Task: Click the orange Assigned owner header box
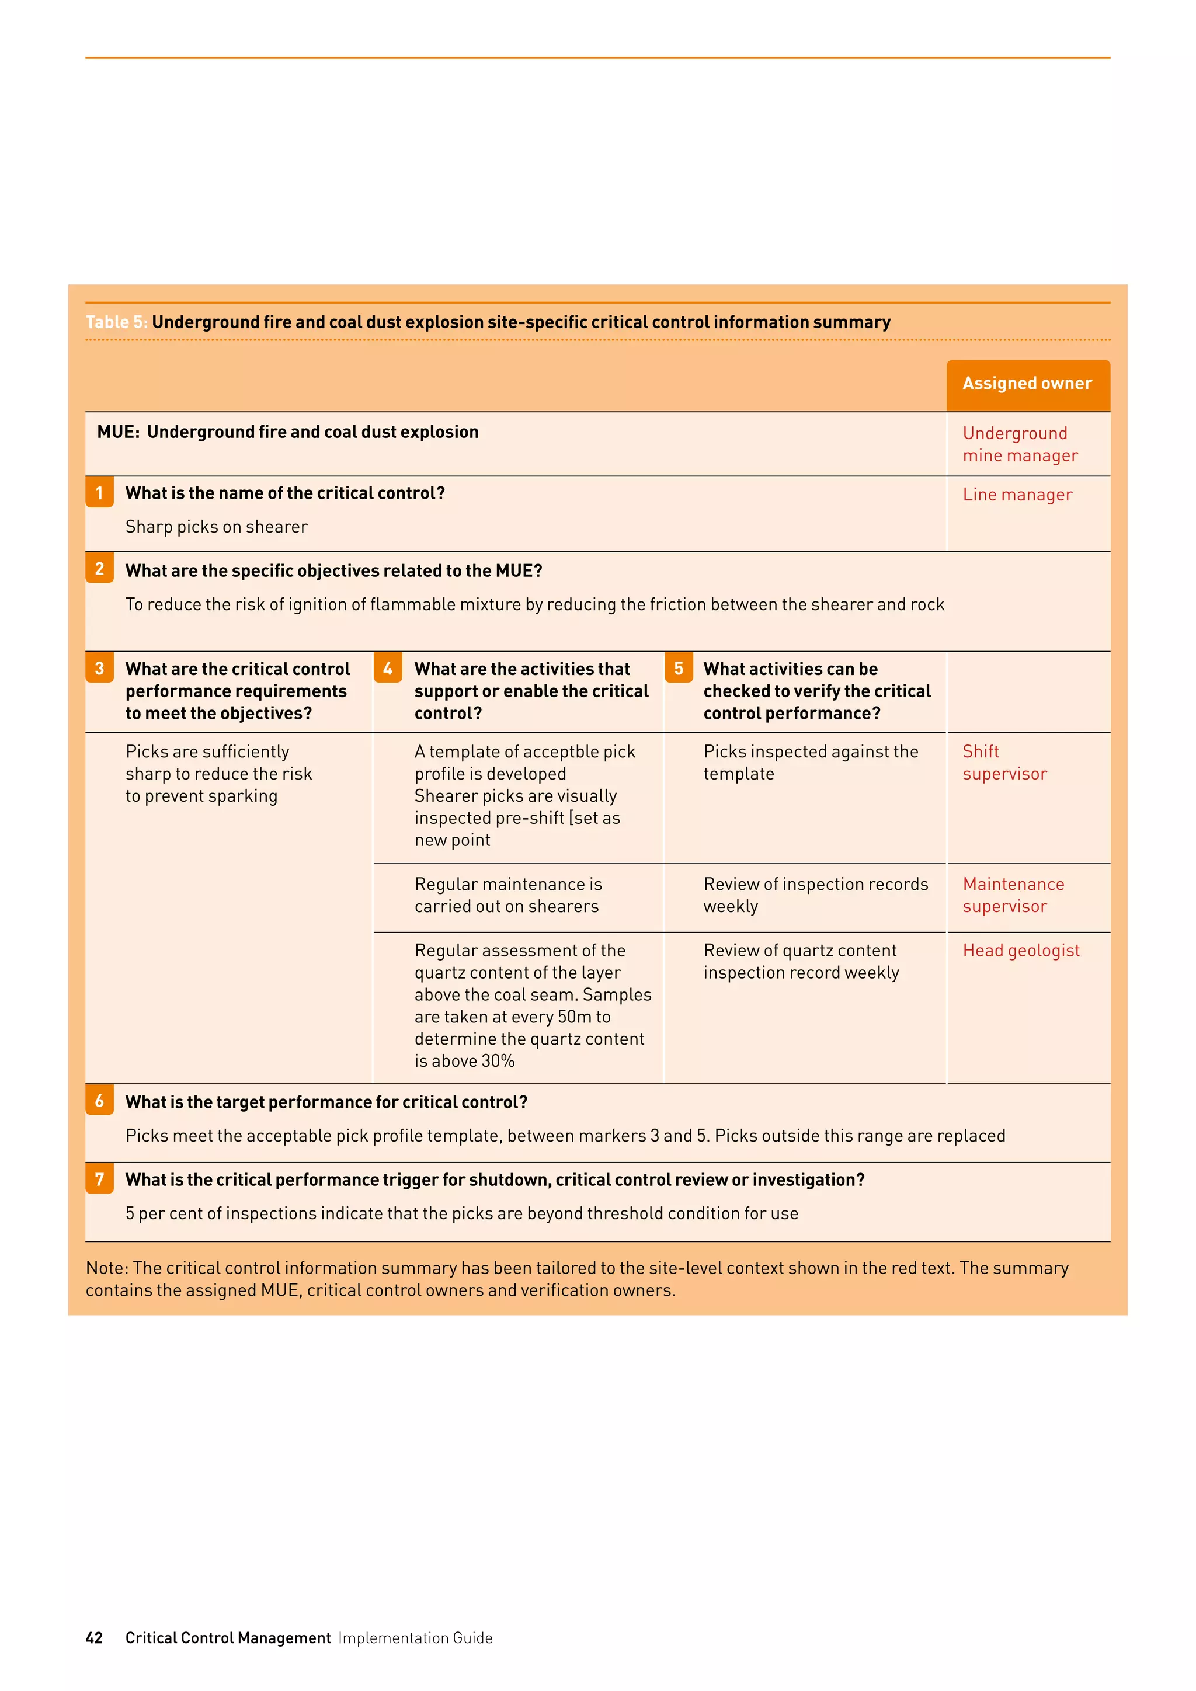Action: point(1027,384)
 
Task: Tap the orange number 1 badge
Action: point(99,493)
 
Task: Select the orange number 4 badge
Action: point(388,668)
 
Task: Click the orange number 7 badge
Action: point(99,1179)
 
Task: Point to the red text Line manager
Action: point(1017,495)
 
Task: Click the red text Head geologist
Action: point(1021,951)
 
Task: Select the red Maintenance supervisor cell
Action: point(1013,896)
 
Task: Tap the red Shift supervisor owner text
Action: point(1004,763)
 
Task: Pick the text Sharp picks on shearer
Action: point(217,527)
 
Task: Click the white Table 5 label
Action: point(116,322)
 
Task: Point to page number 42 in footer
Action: point(94,1637)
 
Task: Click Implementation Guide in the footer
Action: point(415,1638)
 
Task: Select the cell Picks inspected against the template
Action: point(810,763)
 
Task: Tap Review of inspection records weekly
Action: point(815,896)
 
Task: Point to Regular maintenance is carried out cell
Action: point(508,896)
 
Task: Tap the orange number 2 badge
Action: point(99,569)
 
